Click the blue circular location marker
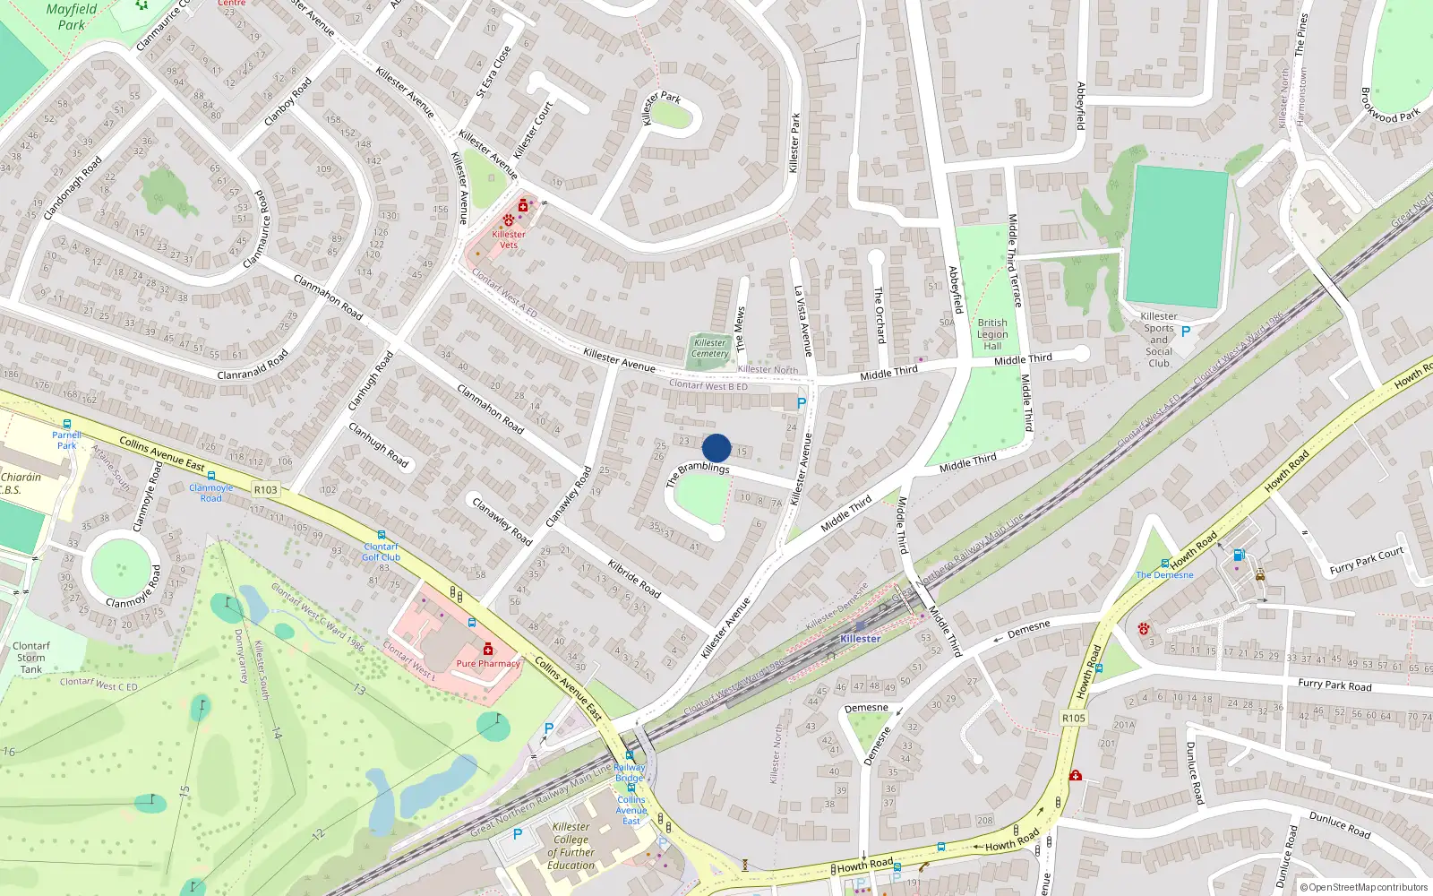click(716, 448)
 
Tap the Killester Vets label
click(509, 239)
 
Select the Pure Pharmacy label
click(488, 664)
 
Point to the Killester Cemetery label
click(709, 349)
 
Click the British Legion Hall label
click(992, 334)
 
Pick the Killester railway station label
click(860, 639)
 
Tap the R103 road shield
click(266, 490)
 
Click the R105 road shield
click(1074, 718)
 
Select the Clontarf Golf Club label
click(382, 552)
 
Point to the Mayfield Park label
click(71, 17)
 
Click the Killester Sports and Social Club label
click(1159, 340)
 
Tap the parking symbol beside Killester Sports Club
click(1186, 332)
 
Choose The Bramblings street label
click(698, 473)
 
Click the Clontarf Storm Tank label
click(31, 657)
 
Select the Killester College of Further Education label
click(571, 846)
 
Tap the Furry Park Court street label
click(1367, 561)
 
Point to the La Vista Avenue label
click(802, 321)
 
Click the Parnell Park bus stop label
click(67, 440)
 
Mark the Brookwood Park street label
click(1390, 105)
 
